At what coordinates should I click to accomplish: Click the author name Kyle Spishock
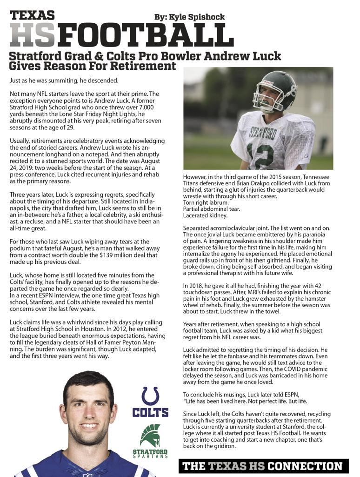coord(189,17)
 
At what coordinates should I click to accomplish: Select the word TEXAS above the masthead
coord(32,15)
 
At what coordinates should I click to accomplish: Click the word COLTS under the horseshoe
coord(150,412)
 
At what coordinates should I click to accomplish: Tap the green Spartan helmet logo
coord(150,435)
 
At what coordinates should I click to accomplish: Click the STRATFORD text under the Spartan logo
coord(150,451)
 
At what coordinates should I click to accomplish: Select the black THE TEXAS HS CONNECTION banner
coord(263,466)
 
